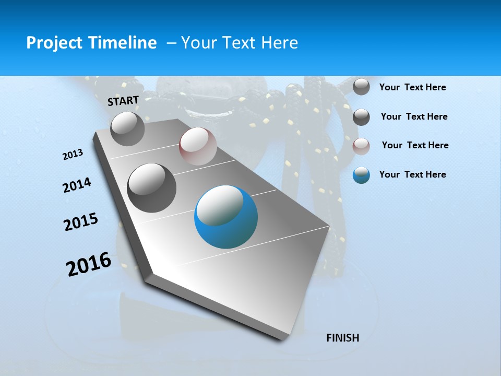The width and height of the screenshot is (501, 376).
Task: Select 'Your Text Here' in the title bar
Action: coord(240,43)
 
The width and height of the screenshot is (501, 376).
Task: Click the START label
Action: coord(123,101)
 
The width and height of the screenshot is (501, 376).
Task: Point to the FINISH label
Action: coord(342,338)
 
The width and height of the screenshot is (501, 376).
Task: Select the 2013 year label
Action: coord(73,155)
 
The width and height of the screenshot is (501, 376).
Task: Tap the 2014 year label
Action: coord(77,185)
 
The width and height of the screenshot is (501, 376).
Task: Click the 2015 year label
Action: coord(81,222)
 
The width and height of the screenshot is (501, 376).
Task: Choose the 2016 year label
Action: coord(89,264)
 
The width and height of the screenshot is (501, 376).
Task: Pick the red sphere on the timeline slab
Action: coord(198,146)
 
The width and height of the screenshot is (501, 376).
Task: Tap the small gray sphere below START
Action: coord(127,129)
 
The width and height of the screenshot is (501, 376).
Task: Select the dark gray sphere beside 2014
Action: coord(151,188)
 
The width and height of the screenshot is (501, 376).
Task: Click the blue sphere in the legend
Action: coord(361,175)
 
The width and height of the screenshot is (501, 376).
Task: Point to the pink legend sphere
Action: coord(361,146)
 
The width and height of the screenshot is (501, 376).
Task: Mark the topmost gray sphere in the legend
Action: coord(361,87)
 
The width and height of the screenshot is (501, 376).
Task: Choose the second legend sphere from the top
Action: coord(361,117)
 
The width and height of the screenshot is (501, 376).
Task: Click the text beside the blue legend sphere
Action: coord(412,174)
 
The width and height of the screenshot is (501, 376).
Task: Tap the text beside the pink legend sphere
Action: coord(415,145)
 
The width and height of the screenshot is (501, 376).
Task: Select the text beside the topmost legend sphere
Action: coord(412,87)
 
